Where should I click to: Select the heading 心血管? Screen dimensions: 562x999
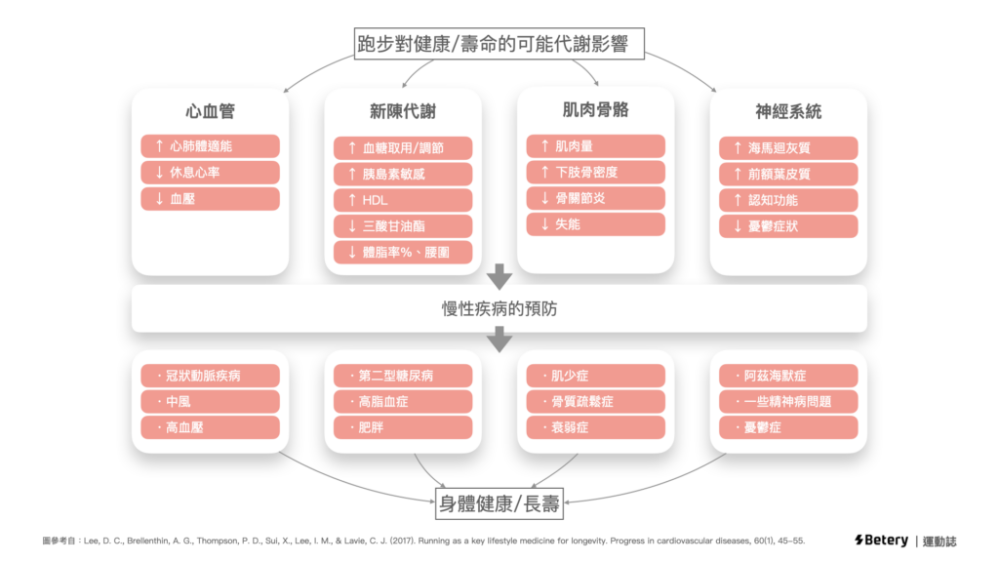(x=210, y=111)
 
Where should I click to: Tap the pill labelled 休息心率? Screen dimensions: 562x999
(x=210, y=173)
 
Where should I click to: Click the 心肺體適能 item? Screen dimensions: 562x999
(x=210, y=146)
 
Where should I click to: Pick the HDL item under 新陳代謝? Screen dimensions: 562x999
(x=402, y=200)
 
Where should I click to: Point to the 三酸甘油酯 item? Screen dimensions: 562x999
(x=402, y=226)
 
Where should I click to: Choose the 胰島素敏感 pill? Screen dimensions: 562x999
(x=402, y=174)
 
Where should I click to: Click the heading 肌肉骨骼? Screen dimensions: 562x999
(x=595, y=110)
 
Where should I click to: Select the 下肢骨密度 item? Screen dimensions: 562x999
(x=595, y=172)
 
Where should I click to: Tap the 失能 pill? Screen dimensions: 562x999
(x=595, y=224)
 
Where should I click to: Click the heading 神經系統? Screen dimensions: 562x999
(x=788, y=111)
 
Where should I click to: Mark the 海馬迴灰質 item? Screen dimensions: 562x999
(x=788, y=147)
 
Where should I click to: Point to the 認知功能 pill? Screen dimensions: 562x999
(x=788, y=200)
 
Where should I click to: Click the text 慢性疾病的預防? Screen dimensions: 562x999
(x=499, y=309)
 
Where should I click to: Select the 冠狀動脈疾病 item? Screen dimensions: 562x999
(x=210, y=376)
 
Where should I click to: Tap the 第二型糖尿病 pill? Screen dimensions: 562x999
(x=402, y=376)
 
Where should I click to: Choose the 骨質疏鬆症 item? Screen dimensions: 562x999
(x=595, y=401)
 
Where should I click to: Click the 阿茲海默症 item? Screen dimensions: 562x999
(x=788, y=376)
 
